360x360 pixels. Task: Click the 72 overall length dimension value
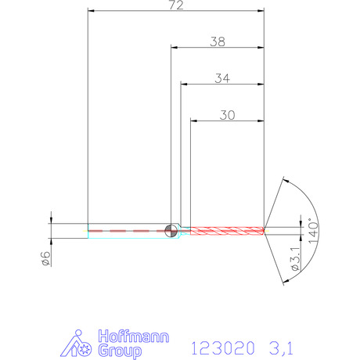[176, 5]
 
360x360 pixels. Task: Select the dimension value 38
[218, 41]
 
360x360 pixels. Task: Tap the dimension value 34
[222, 78]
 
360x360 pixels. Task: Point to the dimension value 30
[227, 115]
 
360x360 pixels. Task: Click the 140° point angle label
[313, 231]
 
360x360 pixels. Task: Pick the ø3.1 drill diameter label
[295, 259]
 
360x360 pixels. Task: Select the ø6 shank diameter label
[45, 258]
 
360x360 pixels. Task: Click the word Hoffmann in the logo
[134, 337]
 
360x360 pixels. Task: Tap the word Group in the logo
[120, 351]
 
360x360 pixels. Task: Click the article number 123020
[222, 348]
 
